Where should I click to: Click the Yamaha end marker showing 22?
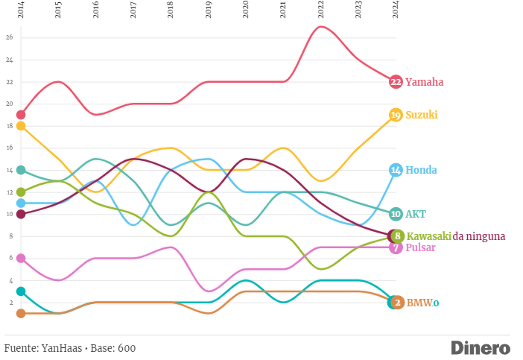pos(396,81)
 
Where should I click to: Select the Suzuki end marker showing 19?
pos(396,115)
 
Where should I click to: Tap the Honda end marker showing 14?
pos(396,170)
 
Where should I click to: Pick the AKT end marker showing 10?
pos(396,214)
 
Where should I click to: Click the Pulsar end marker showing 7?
pos(396,247)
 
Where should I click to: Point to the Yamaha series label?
pos(424,82)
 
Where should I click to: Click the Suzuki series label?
pos(421,115)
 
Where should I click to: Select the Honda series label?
pos(421,170)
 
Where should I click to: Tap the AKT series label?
pos(416,214)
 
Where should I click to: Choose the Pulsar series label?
pos(420,247)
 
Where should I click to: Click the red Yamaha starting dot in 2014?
pos(21,115)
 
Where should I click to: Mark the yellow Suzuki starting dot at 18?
pos(21,126)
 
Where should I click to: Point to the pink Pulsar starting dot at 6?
pos(21,258)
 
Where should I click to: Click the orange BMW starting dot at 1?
pos(21,313)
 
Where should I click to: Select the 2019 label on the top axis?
pos(208,10)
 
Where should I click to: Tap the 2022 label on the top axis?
pos(320,10)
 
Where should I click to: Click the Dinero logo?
pos(481,348)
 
